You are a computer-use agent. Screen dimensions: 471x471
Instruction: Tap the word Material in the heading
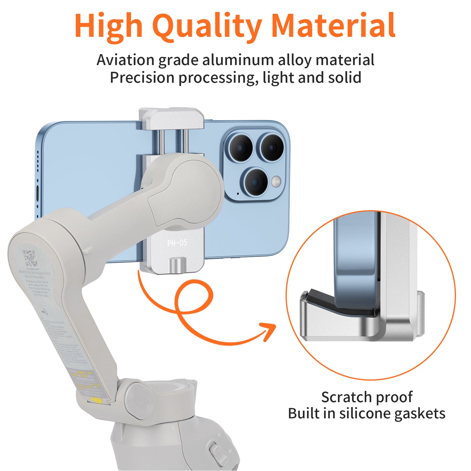[333, 25]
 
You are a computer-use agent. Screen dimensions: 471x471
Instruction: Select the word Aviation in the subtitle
[125, 60]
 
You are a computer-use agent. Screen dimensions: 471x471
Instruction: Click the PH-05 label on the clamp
[177, 243]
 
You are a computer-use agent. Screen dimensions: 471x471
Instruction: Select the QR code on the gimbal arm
[30, 258]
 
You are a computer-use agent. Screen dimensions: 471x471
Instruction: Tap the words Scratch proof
[367, 397]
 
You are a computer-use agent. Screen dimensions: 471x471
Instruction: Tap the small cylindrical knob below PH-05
[177, 263]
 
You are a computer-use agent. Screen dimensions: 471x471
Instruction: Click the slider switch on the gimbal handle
[215, 451]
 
